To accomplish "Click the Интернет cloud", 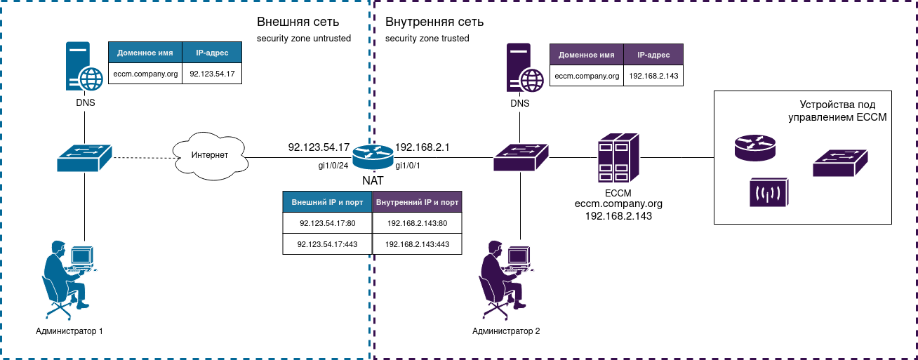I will (x=210, y=155).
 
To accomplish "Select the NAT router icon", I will (x=373, y=156).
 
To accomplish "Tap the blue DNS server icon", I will (x=84, y=68).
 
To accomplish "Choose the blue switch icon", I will (x=85, y=158).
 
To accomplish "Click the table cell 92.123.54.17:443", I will (x=327, y=244).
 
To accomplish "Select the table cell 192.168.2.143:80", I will (x=417, y=223).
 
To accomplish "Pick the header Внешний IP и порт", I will (x=327, y=202).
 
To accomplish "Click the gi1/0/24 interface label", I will (x=334, y=166).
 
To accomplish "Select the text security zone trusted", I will (x=427, y=39).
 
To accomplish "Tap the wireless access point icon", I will (x=769, y=192).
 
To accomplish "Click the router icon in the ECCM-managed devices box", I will (x=755, y=147).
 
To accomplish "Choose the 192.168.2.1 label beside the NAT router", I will (x=423, y=147).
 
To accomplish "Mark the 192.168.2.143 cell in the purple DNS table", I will (x=653, y=76).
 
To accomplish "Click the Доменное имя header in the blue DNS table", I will (x=145, y=53).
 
